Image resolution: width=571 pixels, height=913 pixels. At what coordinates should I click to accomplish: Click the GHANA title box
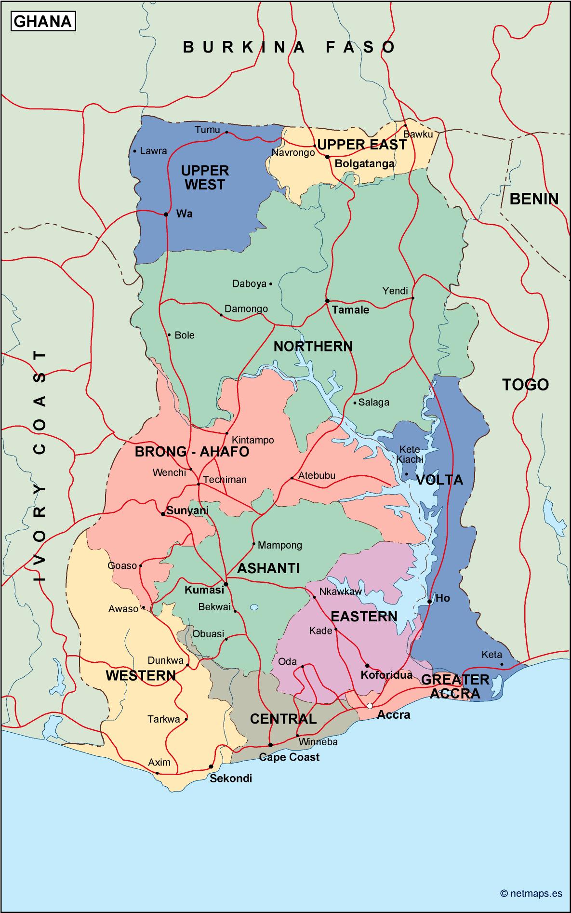click(43, 22)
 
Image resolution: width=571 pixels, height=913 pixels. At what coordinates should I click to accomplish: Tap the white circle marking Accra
click(370, 706)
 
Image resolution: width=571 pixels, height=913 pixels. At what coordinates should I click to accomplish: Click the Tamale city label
click(351, 310)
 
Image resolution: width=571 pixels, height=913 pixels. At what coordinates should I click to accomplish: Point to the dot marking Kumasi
click(226, 584)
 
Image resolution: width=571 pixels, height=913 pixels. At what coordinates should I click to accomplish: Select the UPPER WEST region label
click(205, 177)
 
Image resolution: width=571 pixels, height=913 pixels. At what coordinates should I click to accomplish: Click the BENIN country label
click(534, 199)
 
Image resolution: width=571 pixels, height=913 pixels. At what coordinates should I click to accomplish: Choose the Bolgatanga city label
click(365, 164)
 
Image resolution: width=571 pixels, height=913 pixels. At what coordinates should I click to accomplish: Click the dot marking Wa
click(166, 214)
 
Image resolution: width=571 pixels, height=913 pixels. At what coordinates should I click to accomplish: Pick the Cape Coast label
click(289, 757)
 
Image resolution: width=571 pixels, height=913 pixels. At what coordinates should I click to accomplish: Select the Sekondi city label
click(231, 779)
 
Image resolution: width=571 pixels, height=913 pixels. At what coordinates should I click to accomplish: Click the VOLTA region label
click(439, 480)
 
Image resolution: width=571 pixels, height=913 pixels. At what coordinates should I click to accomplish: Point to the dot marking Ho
click(429, 602)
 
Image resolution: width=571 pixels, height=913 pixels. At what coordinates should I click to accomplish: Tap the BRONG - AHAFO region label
click(192, 452)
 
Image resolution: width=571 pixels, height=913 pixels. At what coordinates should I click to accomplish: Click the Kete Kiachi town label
click(410, 455)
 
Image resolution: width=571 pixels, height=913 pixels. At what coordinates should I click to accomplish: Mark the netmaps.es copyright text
click(531, 893)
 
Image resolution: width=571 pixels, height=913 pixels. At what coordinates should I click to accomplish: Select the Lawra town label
click(153, 151)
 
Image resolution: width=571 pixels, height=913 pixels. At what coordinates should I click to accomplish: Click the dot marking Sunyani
click(163, 514)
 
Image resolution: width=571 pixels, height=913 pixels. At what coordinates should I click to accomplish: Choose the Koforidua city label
click(386, 674)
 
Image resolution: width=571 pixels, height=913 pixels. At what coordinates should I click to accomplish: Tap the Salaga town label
click(374, 402)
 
